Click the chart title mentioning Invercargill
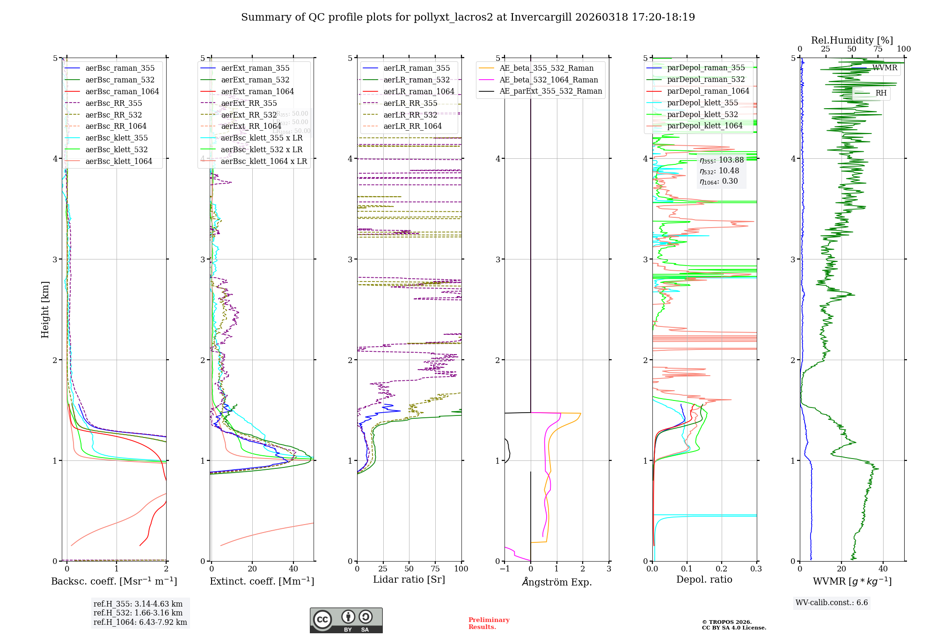click(x=468, y=17)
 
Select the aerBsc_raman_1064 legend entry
click(x=122, y=92)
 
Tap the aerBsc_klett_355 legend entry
click(x=116, y=138)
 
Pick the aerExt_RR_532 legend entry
click(x=249, y=115)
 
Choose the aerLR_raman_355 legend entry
click(x=416, y=68)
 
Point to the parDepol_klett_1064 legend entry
click(x=704, y=126)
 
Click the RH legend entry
click(x=881, y=93)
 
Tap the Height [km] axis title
click(x=45, y=310)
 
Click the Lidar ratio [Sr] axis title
click(x=409, y=580)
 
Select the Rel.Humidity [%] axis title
click(x=852, y=40)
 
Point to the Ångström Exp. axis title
click(x=557, y=582)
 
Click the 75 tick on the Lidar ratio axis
click(x=435, y=569)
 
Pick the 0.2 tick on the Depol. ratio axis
click(x=722, y=569)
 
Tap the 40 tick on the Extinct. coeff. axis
click(x=293, y=569)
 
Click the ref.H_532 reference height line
click(x=138, y=613)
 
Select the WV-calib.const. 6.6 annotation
click(x=832, y=603)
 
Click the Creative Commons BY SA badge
click(x=346, y=621)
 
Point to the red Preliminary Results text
click(x=489, y=623)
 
